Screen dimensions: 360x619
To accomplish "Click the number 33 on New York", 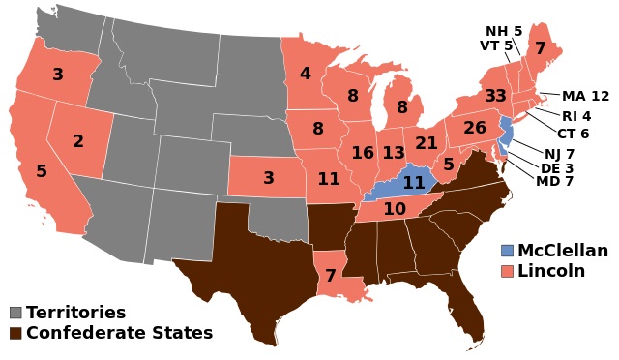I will [496, 96].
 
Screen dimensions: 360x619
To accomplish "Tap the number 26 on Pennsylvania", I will [474, 127].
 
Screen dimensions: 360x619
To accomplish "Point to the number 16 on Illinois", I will [363, 153].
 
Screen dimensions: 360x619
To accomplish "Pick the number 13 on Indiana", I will [393, 153].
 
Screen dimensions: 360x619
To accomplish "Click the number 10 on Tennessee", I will [395, 209].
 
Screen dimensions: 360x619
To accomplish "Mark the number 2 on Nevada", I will [78, 141].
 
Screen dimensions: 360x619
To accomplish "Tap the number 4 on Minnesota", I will [305, 74].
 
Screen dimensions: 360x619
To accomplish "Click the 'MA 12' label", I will [586, 97].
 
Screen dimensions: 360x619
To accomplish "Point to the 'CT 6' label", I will [573, 134].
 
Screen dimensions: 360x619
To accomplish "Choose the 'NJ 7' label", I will [559, 154].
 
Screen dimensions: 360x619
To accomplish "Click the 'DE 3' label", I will [557, 168].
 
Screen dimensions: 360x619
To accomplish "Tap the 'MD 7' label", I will [554, 182].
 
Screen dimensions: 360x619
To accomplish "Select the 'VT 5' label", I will [497, 45].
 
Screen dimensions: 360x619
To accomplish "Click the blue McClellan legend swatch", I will [507, 251].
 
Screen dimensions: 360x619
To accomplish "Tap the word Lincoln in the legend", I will [551, 271].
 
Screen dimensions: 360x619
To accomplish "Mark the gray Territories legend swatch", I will [15, 313].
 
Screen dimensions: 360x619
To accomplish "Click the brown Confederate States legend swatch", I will [15, 334].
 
